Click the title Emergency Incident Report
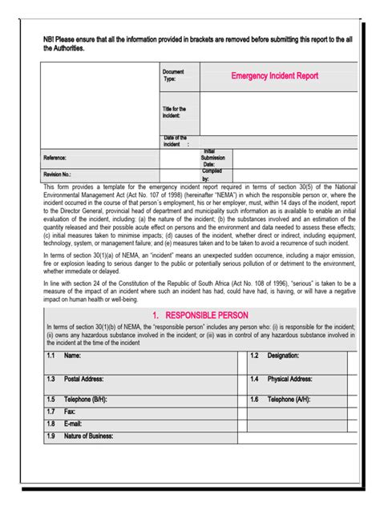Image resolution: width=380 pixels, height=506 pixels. coord(275,76)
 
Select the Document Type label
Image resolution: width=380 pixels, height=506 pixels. coord(174,75)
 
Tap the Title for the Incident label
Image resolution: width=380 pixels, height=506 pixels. coord(174,112)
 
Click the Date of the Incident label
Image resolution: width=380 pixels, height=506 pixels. coord(176,142)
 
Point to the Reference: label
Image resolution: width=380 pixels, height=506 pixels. coord(55,159)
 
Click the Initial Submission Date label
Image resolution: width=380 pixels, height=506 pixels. coord(213,158)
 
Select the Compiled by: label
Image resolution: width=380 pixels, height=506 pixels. coord(212,175)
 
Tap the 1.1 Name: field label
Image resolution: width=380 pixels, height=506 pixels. coord(64,355)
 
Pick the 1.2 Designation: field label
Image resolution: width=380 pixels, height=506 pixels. coord(275,355)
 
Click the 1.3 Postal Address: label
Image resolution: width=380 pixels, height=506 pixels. coord(75,379)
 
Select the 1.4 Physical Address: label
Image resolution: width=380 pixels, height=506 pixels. coord(285,379)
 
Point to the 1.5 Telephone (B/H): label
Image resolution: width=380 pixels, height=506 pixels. coord(76,399)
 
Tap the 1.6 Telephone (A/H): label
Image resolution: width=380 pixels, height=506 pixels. coord(285,399)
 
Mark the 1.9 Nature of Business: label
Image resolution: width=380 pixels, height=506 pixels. coord(80,436)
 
